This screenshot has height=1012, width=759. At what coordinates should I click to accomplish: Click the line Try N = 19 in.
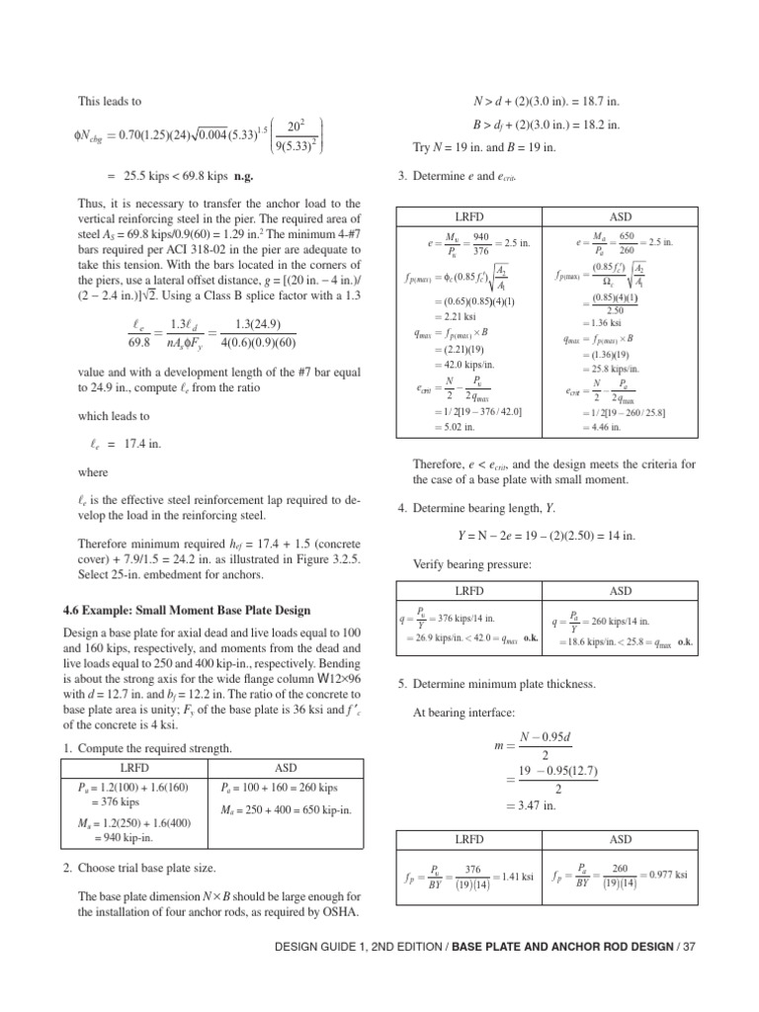[x=484, y=146]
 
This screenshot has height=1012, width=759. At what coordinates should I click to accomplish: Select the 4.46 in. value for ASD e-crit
[x=602, y=427]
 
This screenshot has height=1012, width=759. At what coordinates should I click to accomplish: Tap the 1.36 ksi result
[x=601, y=322]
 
